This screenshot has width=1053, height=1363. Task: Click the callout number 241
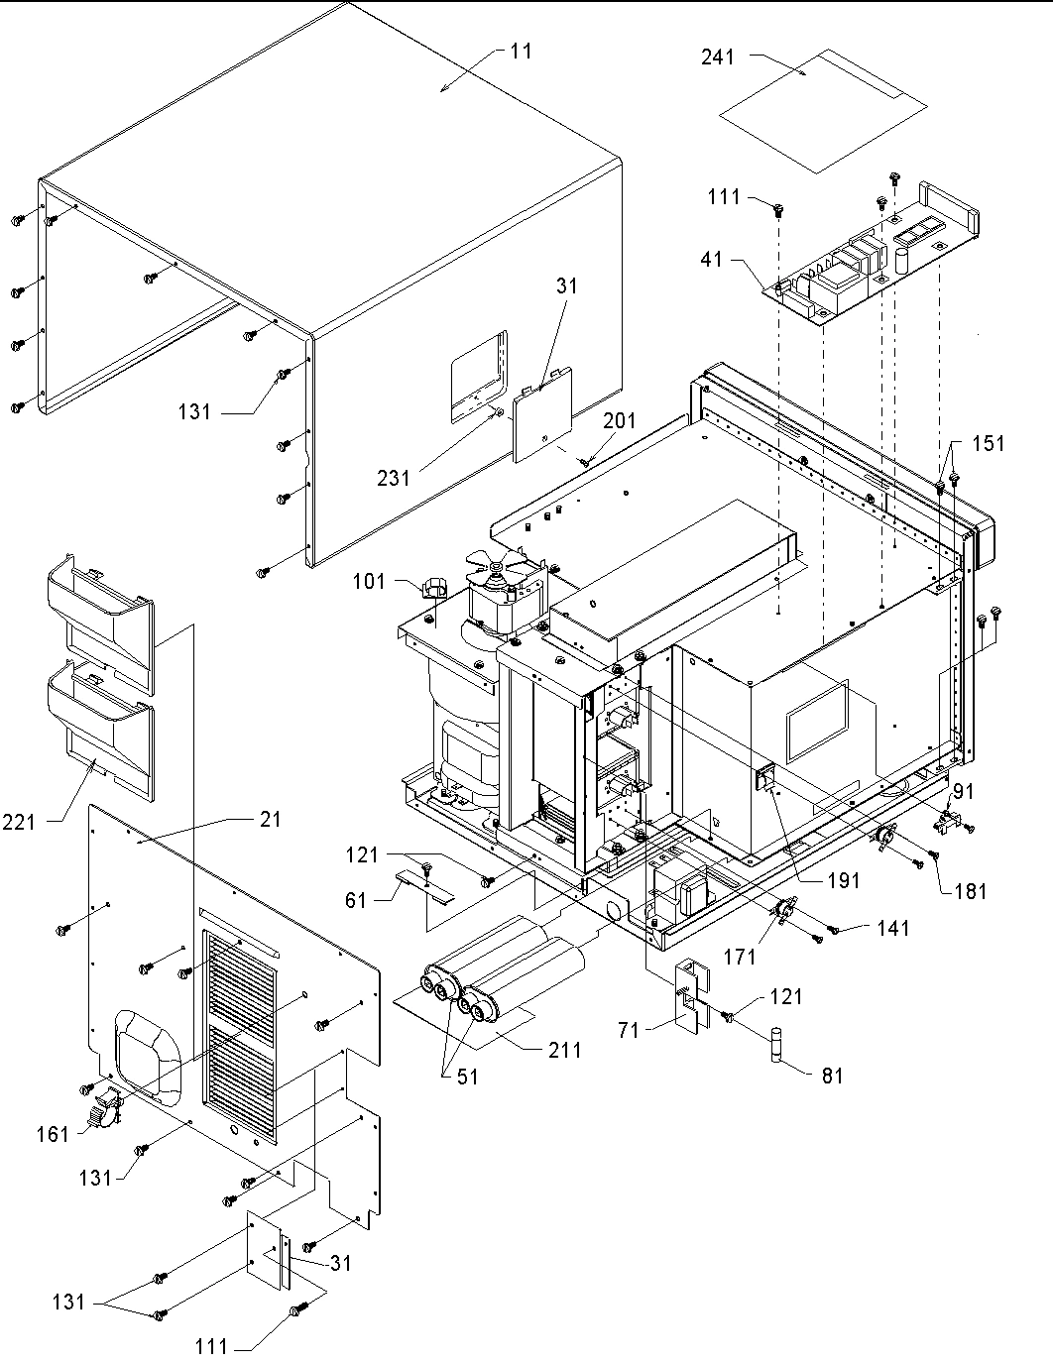[x=718, y=57]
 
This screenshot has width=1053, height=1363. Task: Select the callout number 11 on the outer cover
[x=522, y=51]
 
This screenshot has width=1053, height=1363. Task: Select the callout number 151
[x=988, y=443]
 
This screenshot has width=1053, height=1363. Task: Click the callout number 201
[x=621, y=422]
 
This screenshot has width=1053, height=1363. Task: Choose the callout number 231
[x=393, y=477]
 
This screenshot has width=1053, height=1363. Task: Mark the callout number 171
[x=740, y=957]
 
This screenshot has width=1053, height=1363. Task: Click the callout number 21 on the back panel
[x=270, y=820]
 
